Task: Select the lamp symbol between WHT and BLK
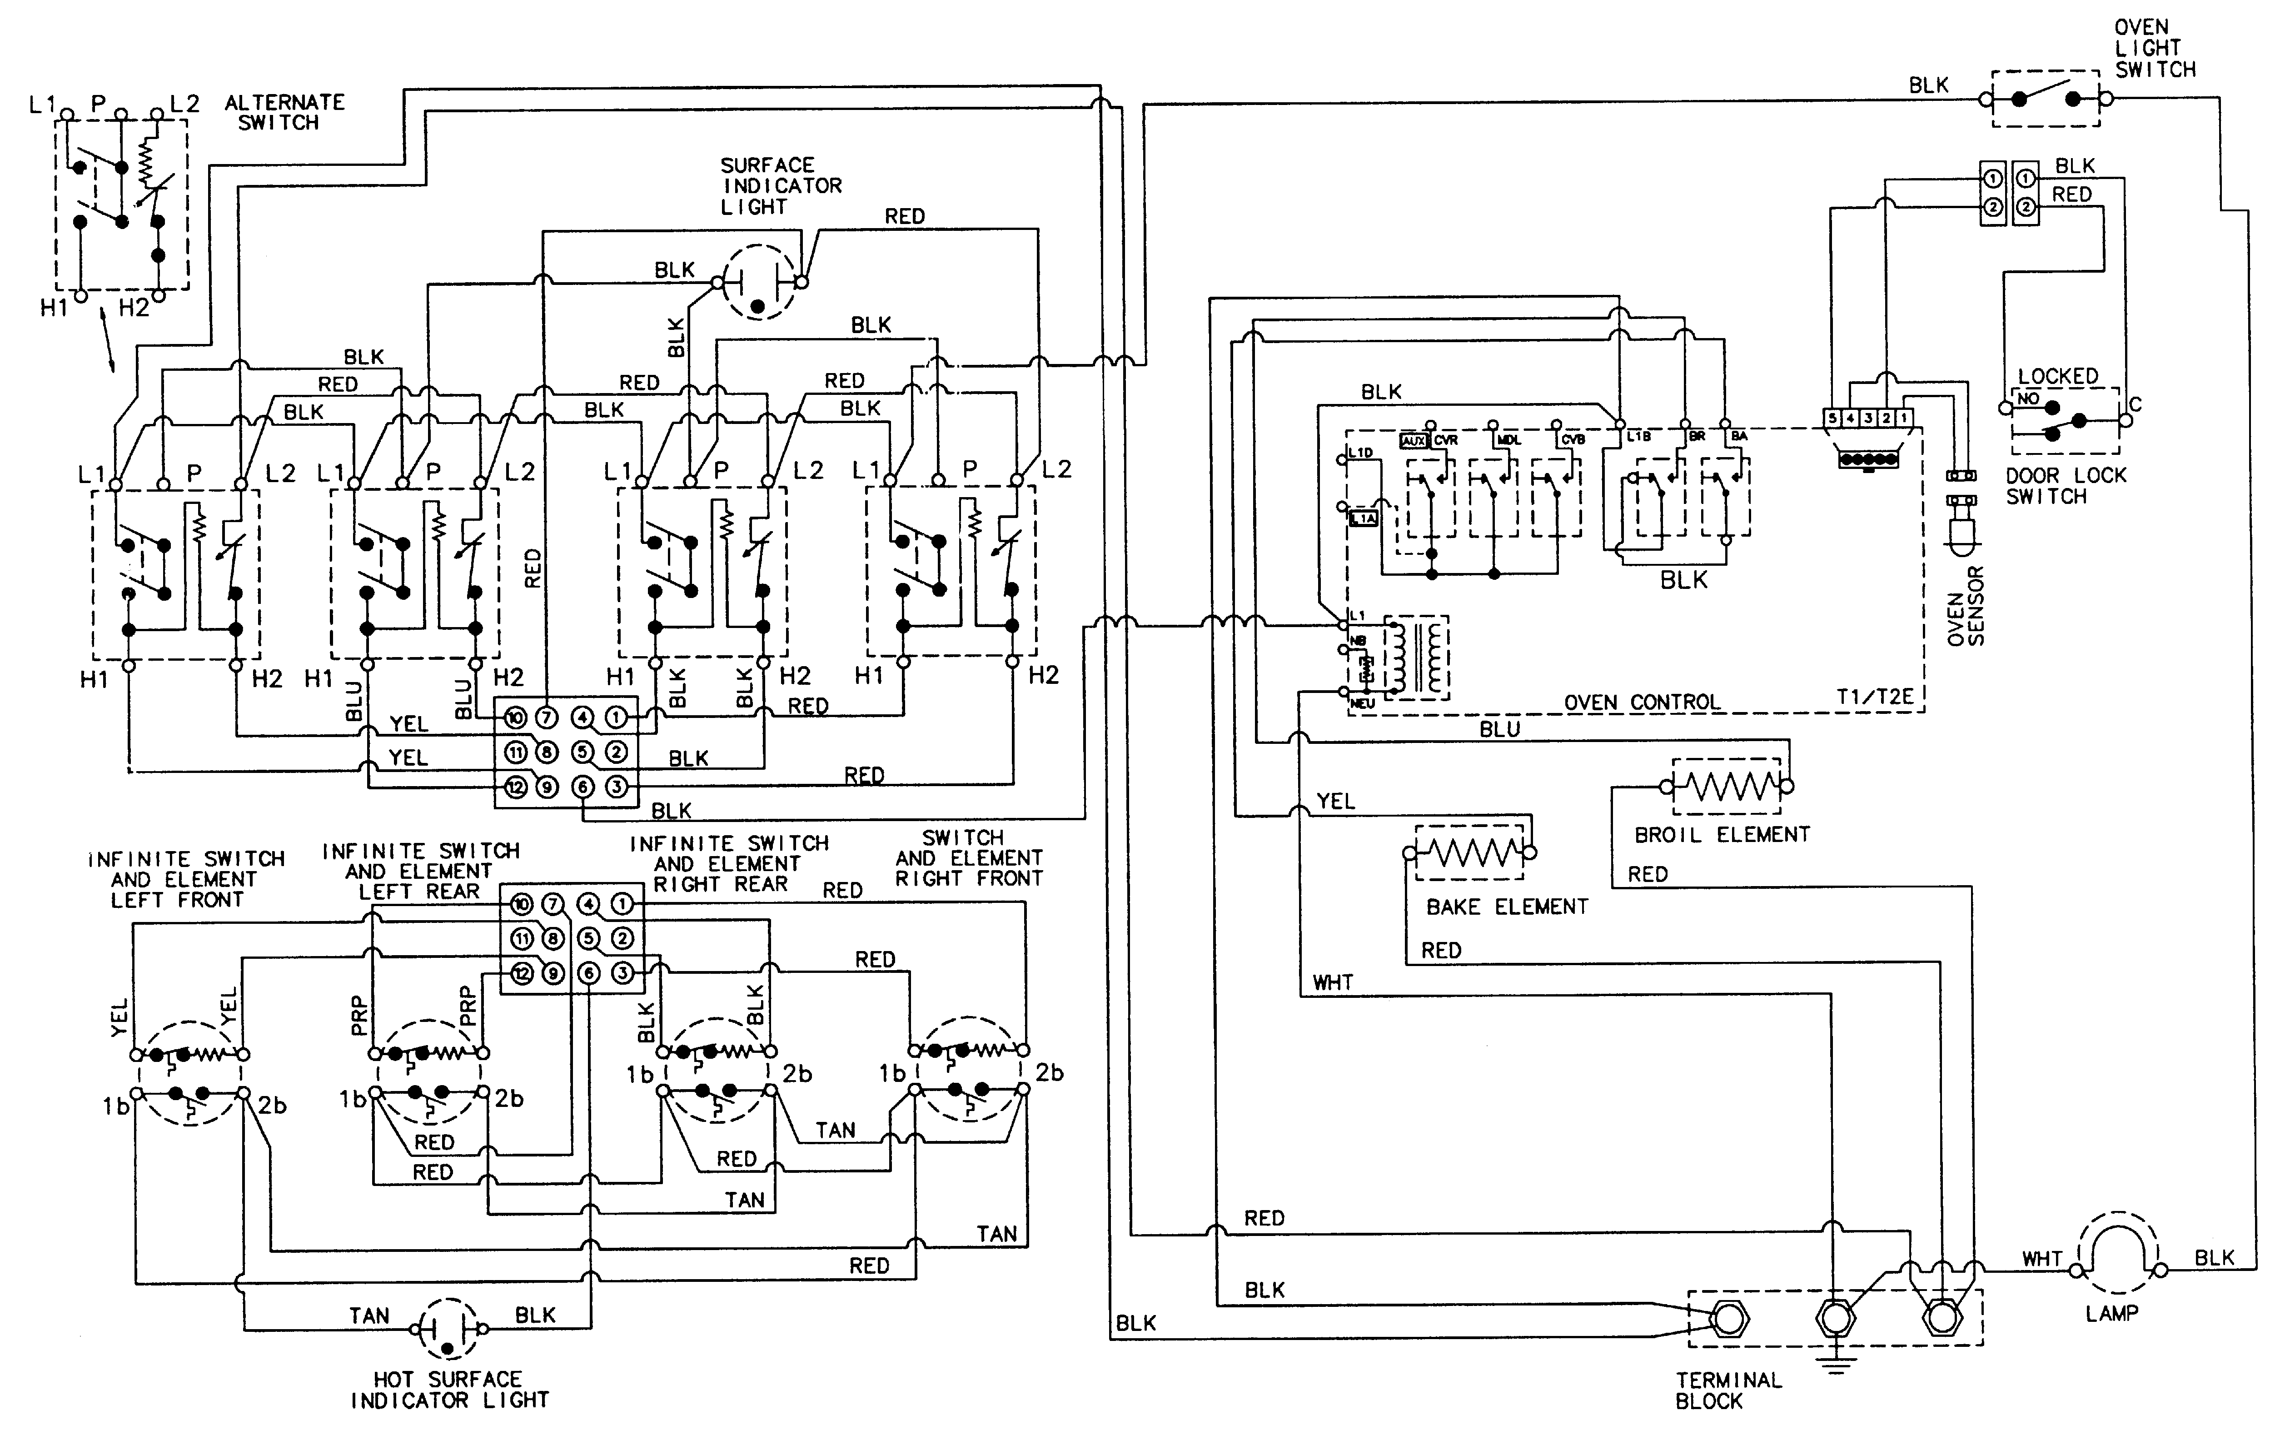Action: [x=2116, y=1254]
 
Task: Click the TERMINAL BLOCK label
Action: [x=1728, y=1390]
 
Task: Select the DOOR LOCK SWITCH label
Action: [x=2065, y=485]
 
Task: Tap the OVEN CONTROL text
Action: [x=1641, y=702]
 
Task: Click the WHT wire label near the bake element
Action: [x=1332, y=983]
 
